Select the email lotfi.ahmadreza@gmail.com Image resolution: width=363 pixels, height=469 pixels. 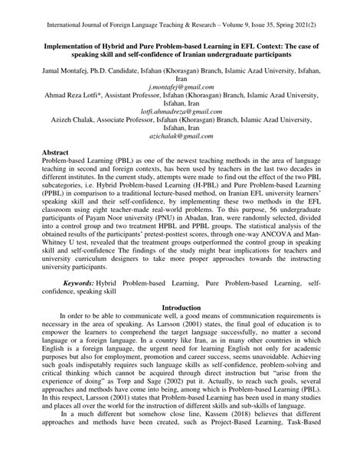pyautogui.click(x=181, y=112)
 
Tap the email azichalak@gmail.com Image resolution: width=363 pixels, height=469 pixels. pyautogui.click(x=181, y=136)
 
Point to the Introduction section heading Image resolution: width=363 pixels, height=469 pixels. pyautogui.click(x=181, y=308)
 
